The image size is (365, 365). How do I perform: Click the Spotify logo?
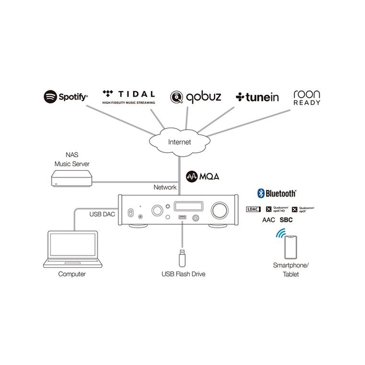pos(66,97)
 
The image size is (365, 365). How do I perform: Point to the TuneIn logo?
pos(257,97)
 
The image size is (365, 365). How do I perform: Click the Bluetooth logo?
pos(277,193)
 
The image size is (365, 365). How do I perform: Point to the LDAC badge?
pos(254,209)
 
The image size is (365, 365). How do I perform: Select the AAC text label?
pos(268,220)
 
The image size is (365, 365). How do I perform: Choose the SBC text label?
pos(286,220)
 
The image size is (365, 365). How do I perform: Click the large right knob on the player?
pos(218,210)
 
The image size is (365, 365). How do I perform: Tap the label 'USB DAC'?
pos(101,214)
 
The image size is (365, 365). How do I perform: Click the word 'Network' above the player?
pos(165,187)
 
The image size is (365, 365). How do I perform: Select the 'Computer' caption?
pos(72,274)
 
